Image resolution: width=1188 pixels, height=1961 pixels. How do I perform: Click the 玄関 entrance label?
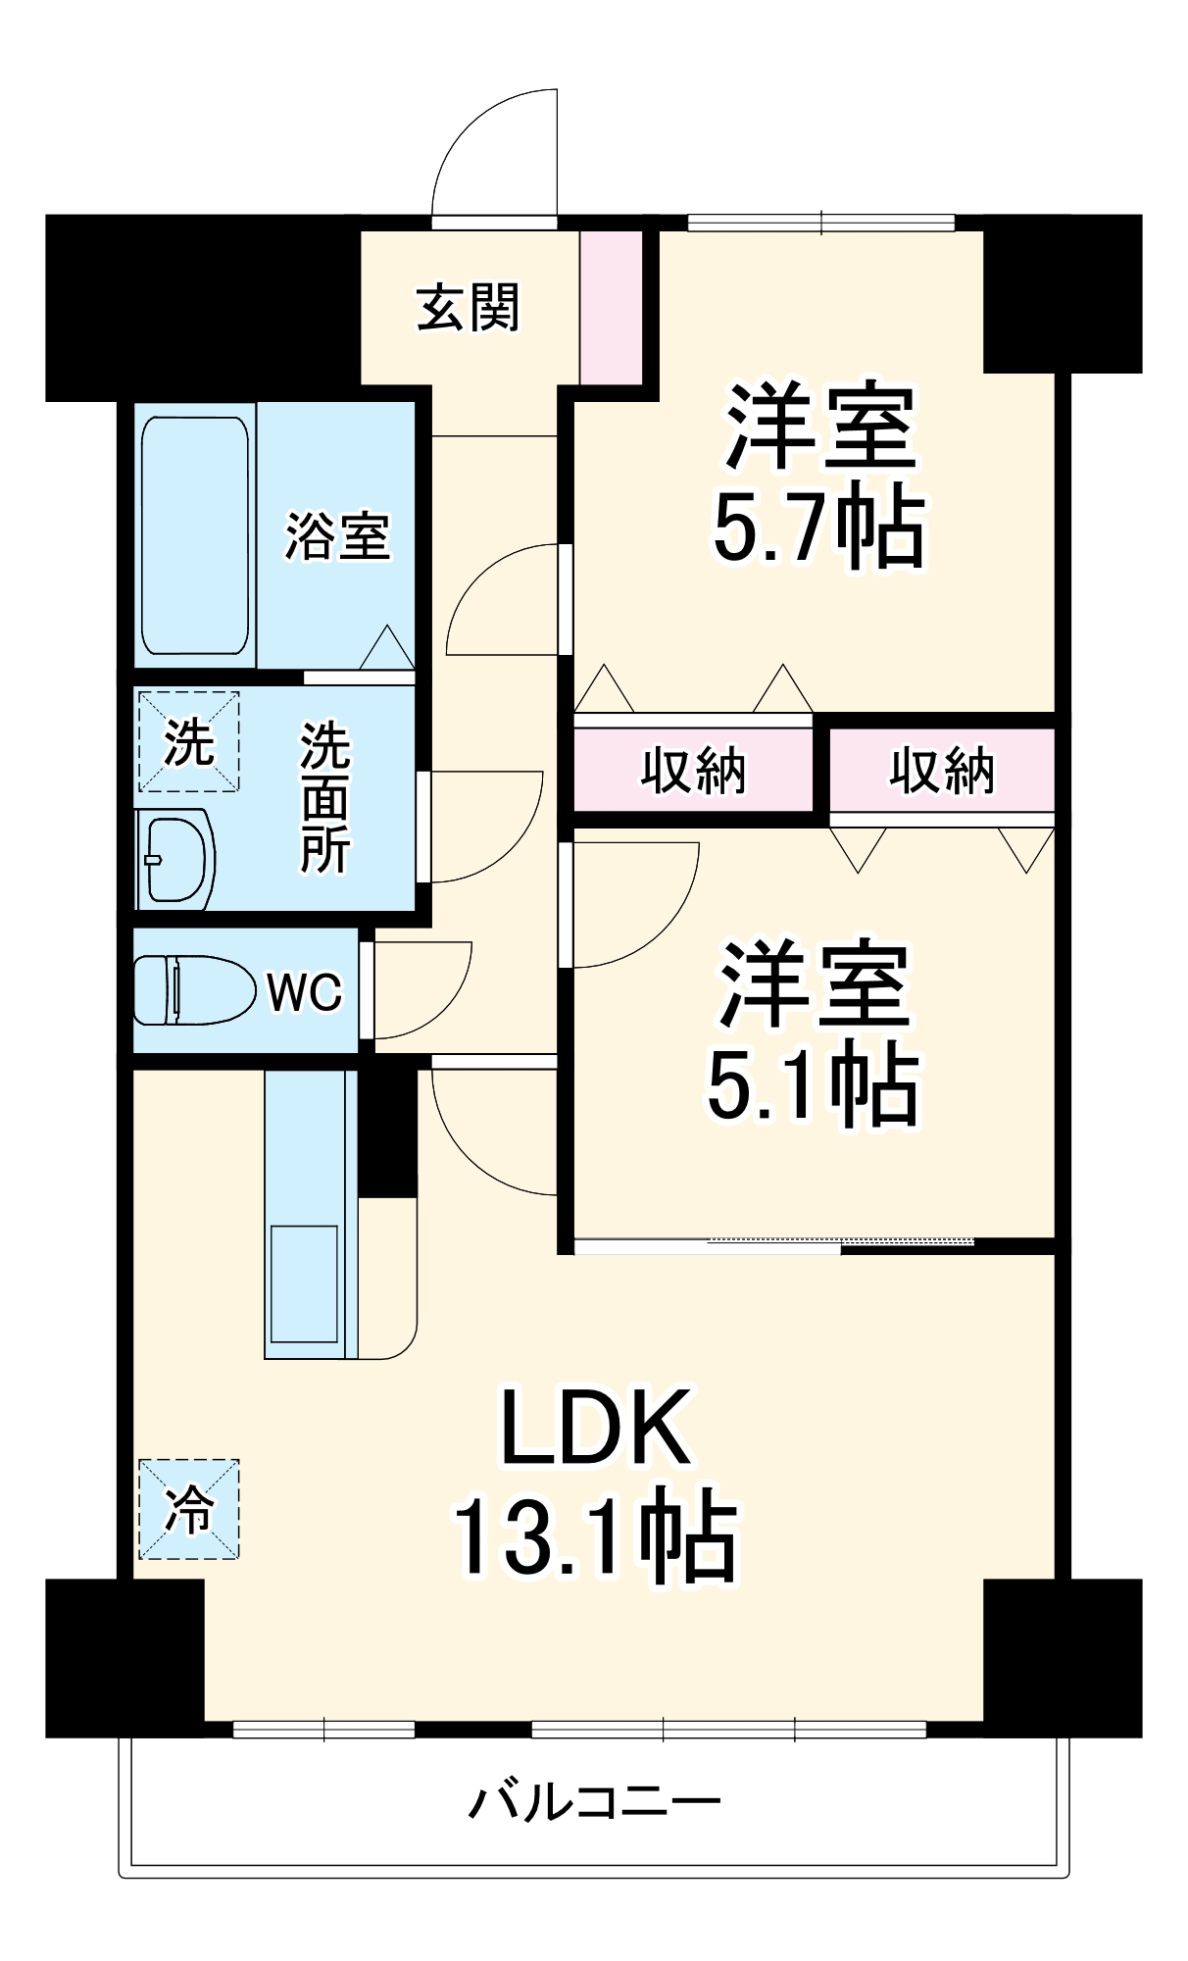coord(468,308)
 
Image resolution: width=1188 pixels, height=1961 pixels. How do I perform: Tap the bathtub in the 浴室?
coord(194,535)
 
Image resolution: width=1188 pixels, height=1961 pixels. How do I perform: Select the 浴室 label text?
coord(337,536)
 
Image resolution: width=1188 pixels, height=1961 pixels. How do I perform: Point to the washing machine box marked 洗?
coord(188,741)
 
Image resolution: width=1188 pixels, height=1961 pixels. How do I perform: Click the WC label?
coord(305,992)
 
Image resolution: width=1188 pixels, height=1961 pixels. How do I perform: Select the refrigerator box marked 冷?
coord(188,1509)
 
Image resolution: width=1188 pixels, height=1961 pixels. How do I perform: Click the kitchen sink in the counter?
coord(304,1283)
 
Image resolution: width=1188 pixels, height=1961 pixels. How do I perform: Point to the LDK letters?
coord(596,1428)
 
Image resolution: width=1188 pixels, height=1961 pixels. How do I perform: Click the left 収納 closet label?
coord(693,770)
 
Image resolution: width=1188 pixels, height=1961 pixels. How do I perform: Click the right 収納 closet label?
coord(942,770)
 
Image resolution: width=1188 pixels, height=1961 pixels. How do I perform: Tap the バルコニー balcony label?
coord(594,1802)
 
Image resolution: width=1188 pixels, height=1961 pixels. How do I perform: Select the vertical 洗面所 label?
coord(324,797)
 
